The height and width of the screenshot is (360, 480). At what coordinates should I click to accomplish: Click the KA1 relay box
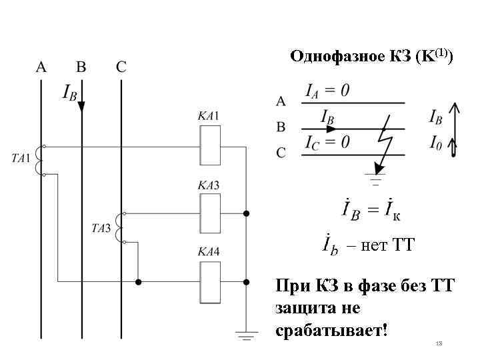[211, 145]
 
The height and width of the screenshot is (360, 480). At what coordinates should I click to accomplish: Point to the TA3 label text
[101, 228]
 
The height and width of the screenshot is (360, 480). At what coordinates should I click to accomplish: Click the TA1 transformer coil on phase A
[39, 160]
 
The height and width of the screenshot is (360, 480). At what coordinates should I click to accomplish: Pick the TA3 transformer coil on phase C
[120, 228]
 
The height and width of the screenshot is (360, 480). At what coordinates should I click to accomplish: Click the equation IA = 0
[327, 89]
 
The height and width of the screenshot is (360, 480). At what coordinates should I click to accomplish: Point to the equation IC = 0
[327, 142]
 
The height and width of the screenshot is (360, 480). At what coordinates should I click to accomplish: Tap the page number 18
[439, 343]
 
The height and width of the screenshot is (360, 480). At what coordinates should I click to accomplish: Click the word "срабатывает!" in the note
[331, 331]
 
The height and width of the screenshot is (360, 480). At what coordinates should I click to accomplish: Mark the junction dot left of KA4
[139, 281]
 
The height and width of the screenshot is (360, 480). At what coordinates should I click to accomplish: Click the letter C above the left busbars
[121, 67]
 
